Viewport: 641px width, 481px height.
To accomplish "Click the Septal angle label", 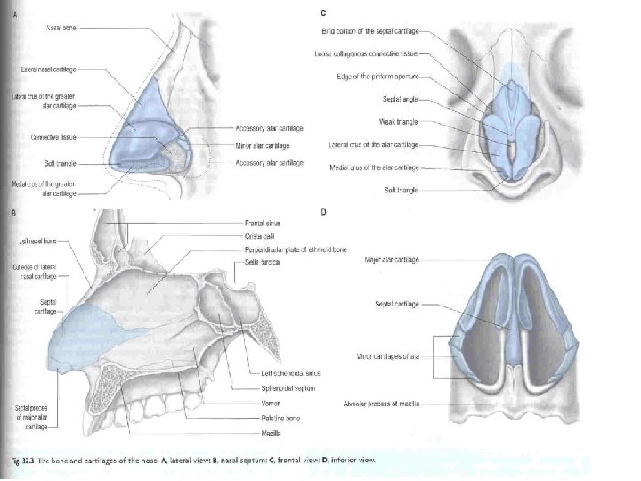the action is (400, 99).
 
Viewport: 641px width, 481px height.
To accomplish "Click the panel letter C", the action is (322, 12).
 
